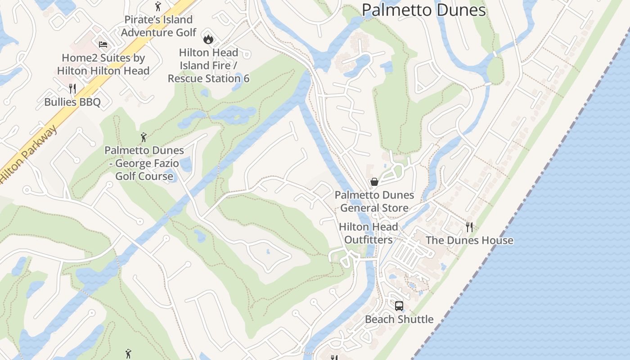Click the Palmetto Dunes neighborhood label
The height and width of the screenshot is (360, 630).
[x=423, y=10]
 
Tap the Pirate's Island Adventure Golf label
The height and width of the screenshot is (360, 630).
[x=158, y=26]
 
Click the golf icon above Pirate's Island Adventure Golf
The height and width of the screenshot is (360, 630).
[x=157, y=6]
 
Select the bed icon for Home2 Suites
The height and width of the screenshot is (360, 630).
[x=103, y=44]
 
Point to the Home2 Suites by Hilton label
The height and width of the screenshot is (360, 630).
[x=103, y=64]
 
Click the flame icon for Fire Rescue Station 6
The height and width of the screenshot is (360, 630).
[x=208, y=39]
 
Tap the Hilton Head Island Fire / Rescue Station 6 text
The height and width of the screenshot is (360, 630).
[x=208, y=66]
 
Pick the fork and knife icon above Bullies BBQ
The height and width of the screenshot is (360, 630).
[x=72, y=88]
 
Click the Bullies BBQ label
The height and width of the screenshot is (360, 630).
[x=72, y=102]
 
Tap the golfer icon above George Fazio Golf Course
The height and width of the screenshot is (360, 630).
[x=144, y=137]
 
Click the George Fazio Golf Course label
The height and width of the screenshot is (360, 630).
[x=144, y=163]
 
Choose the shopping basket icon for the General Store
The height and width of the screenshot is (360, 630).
[x=374, y=182]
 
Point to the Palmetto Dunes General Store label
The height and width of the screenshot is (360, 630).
[x=374, y=201]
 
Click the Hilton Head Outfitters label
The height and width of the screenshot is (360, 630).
[x=368, y=233]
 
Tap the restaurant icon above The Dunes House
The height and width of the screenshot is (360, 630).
[x=469, y=227]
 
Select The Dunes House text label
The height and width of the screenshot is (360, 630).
[x=469, y=240]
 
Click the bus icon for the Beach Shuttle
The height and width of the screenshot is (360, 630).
[x=399, y=306]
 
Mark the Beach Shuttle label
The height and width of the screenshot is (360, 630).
[x=399, y=319]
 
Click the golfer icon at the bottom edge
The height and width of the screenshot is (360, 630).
[x=128, y=354]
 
